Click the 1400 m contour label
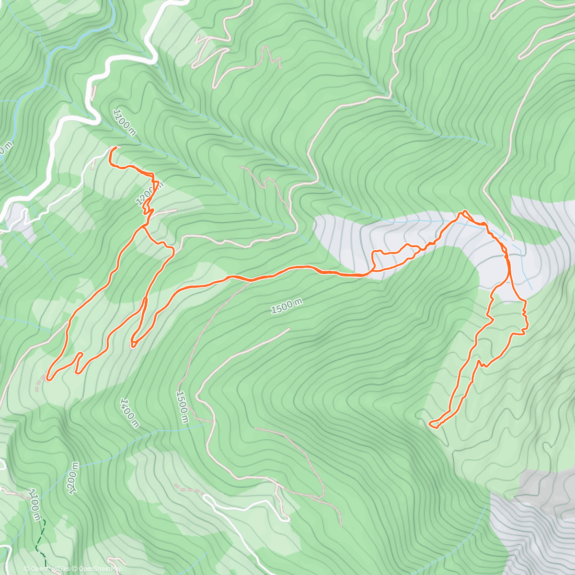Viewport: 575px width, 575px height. coord(130,413)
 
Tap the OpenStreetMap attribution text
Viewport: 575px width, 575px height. coord(98,569)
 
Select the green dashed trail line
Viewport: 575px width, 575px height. coord(41,546)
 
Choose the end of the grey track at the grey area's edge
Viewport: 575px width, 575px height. coord(512,239)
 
